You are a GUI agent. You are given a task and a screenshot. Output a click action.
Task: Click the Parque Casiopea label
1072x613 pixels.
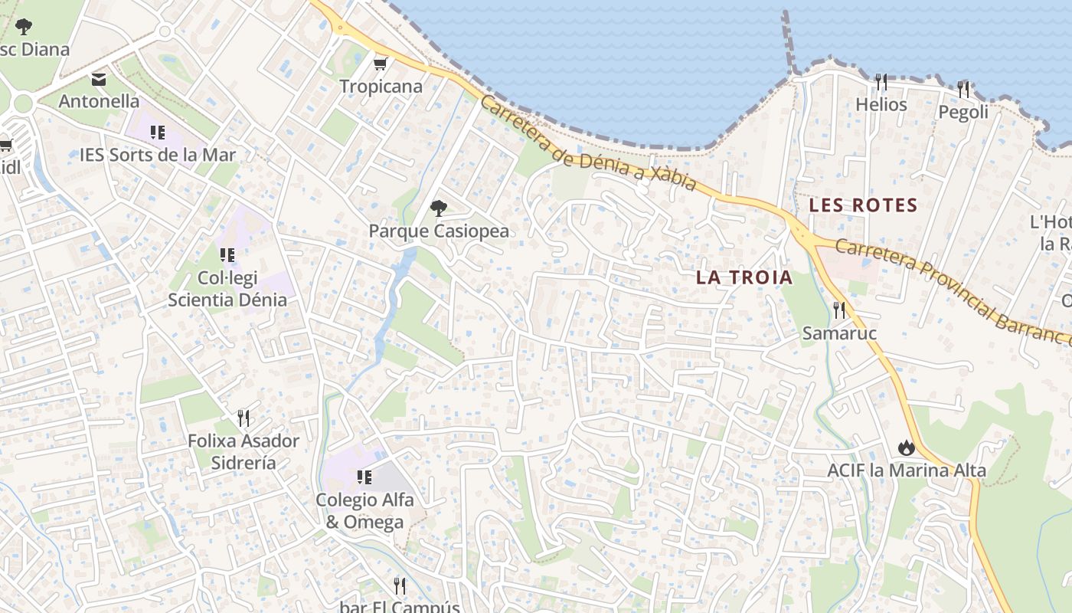click(439, 231)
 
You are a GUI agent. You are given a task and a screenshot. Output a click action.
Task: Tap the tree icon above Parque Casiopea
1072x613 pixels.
click(439, 207)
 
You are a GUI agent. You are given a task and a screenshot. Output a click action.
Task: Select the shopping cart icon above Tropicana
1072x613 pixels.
click(381, 64)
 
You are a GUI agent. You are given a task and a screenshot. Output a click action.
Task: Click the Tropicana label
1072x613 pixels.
click(381, 87)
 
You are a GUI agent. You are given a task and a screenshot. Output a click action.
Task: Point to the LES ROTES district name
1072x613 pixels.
click(863, 205)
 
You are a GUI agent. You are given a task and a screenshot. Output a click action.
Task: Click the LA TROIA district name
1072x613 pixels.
click(744, 277)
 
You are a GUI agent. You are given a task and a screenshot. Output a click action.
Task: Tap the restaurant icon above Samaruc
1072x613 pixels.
click(839, 310)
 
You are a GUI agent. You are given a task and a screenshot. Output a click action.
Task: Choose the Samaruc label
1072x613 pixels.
click(839, 333)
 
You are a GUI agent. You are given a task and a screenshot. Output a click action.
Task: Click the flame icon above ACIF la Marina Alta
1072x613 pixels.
click(907, 447)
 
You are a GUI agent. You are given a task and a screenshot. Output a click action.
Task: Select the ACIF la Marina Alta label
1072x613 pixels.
click(907, 470)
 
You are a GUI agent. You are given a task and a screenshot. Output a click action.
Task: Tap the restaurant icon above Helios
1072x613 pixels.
click(881, 80)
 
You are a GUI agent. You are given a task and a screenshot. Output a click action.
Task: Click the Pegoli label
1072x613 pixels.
click(963, 112)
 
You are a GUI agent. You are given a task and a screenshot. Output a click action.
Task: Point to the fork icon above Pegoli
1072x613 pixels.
click(963, 89)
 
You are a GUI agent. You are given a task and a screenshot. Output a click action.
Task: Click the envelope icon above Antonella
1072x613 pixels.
click(99, 79)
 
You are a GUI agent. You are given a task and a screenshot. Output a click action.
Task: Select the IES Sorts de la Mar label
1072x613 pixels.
click(158, 155)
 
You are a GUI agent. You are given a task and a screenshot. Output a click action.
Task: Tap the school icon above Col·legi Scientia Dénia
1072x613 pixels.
click(227, 254)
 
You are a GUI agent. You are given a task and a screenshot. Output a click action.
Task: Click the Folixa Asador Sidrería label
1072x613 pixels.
click(243, 451)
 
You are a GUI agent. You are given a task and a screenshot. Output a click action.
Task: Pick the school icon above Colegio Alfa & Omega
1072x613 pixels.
click(364, 477)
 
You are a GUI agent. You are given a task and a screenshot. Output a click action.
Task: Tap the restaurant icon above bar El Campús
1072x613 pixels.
click(399, 586)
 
